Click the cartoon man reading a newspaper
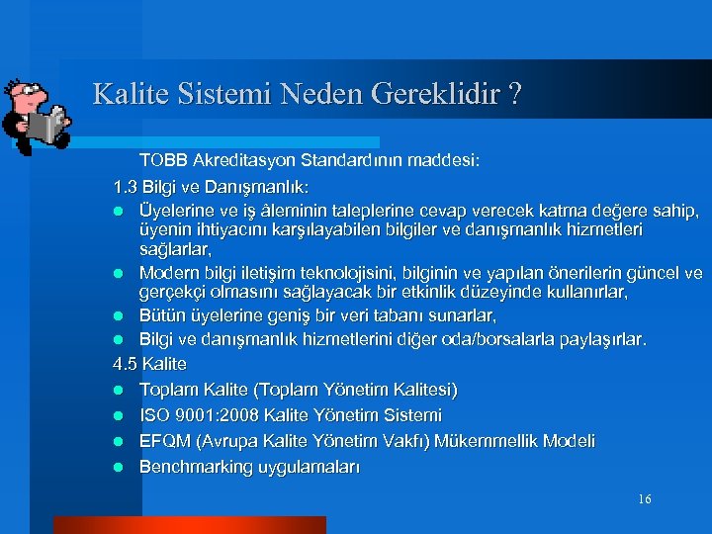click(x=38, y=116)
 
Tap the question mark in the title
click(x=514, y=95)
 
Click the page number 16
click(x=644, y=499)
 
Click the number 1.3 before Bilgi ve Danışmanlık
click(x=126, y=186)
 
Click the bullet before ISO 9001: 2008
click(x=118, y=416)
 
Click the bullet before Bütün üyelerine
click(x=118, y=315)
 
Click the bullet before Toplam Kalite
click(x=118, y=391)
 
